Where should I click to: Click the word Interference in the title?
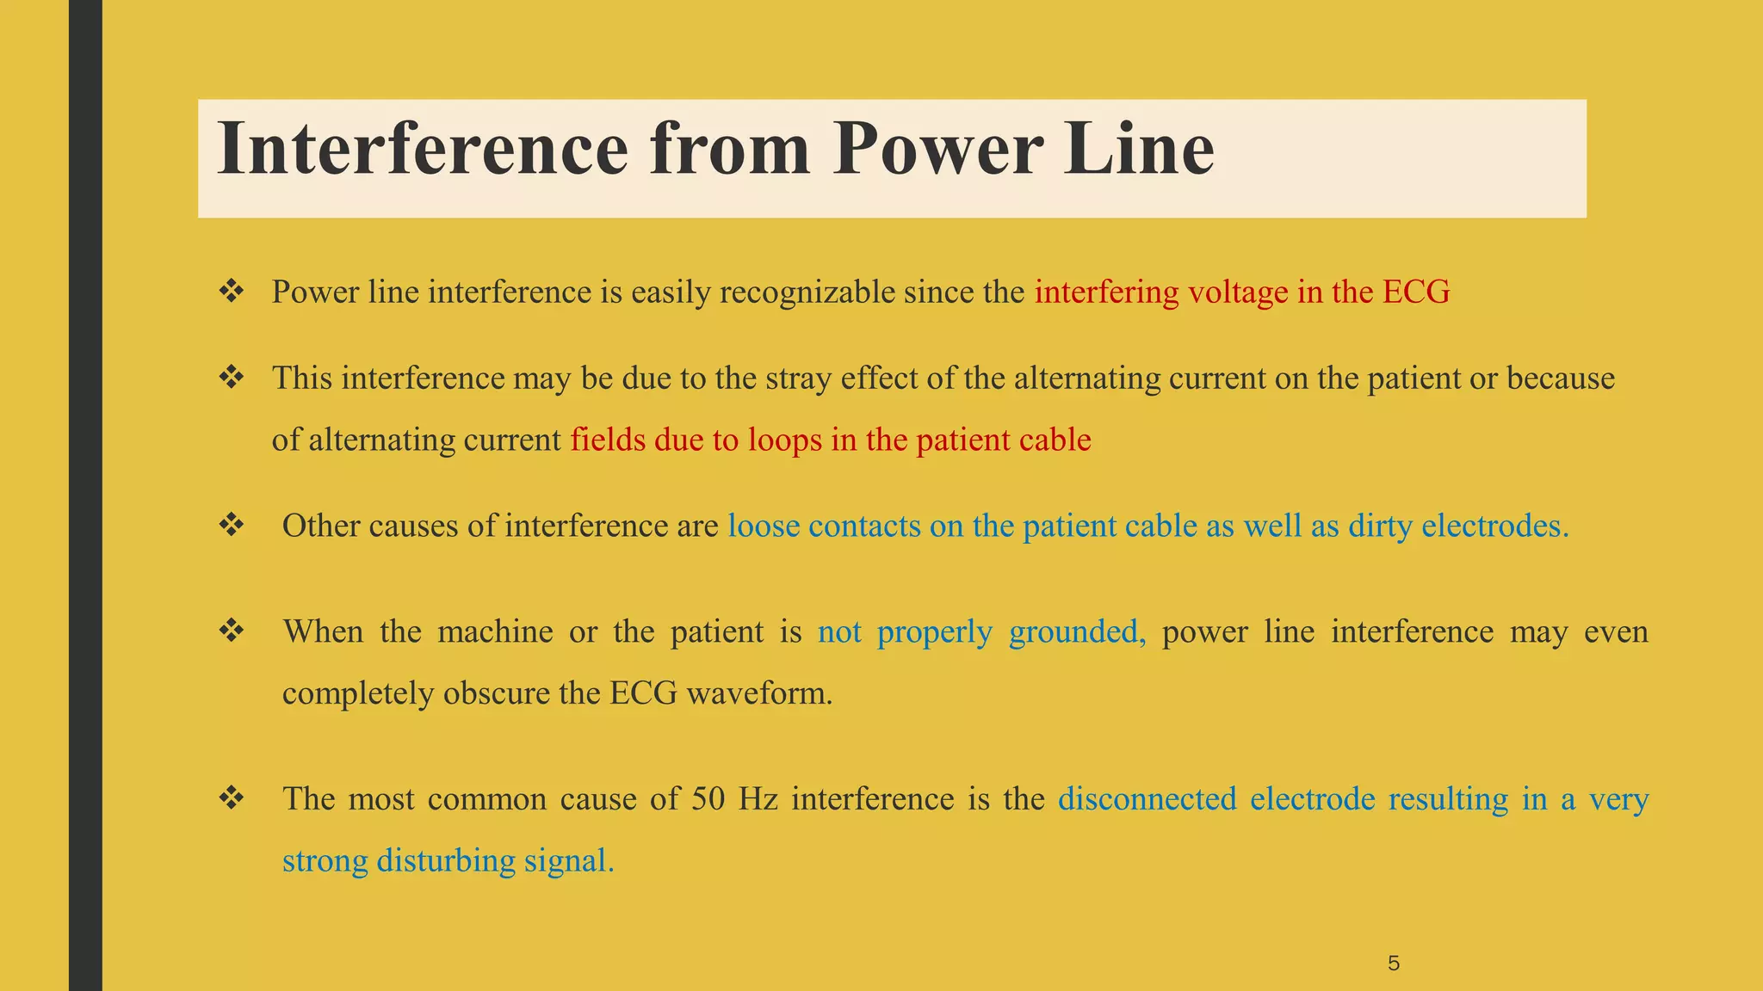click(x=423, y=150)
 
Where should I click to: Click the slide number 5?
click(x=1394, y=963)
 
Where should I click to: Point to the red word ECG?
click(x=1416, y=292)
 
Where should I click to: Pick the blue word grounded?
click(x=1076, y=632)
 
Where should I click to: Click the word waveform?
click(x=759, y=693)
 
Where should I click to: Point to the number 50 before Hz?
click(x=708, y=799)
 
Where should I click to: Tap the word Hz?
click(x=758, y=799)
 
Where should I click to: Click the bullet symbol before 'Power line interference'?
click(x=232, y=292)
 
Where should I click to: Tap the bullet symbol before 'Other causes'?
click(x=232, y=525)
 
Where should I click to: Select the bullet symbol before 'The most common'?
click(x=232, y=798)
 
